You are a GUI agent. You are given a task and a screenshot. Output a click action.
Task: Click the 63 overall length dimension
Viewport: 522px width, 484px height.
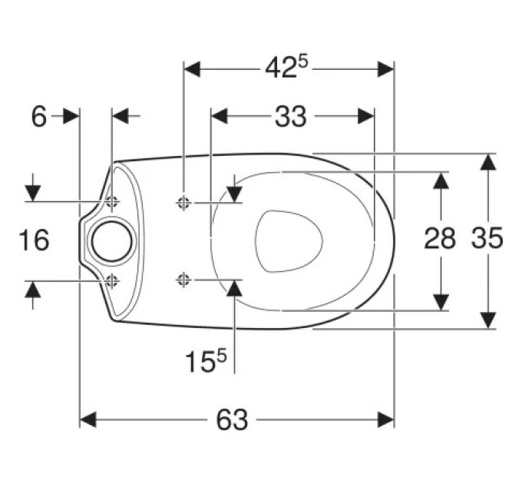232,419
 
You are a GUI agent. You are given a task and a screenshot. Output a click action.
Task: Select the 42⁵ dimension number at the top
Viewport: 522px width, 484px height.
287,68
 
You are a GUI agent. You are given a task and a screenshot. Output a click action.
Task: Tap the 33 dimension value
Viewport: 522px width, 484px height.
290,117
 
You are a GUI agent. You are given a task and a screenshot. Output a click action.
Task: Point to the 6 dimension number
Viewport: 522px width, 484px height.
39,117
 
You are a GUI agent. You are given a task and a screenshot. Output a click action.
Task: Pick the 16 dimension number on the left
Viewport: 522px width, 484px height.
34,240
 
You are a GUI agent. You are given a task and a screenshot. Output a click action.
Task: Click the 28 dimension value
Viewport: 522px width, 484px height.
440,238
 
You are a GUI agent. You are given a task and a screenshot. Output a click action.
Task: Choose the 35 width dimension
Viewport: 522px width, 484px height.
487,238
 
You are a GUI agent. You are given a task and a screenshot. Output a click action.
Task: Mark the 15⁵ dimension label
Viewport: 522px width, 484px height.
206,361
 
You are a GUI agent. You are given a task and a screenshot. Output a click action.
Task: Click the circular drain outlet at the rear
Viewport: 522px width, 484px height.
112,241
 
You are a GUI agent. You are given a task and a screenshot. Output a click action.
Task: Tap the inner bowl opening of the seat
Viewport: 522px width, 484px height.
289,240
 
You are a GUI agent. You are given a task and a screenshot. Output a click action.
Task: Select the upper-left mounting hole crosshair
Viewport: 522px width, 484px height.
112,201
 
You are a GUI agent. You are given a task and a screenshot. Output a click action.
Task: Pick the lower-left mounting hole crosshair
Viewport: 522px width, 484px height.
112,281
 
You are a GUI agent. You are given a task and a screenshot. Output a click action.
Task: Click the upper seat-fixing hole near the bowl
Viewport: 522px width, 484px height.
183,202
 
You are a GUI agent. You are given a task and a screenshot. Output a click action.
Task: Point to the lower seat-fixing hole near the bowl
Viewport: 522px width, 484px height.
183,280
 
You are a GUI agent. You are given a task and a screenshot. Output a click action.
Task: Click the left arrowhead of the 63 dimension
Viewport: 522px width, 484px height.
88,419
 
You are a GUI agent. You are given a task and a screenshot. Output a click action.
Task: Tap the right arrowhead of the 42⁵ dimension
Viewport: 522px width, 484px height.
386,69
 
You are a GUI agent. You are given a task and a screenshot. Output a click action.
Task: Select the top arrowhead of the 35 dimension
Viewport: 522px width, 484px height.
488,162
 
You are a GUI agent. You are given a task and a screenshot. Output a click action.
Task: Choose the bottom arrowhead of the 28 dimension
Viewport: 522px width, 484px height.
441,303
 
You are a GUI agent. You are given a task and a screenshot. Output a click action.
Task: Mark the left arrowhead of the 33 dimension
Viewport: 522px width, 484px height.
220,116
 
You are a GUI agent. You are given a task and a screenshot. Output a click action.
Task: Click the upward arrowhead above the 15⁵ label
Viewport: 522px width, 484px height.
235,288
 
